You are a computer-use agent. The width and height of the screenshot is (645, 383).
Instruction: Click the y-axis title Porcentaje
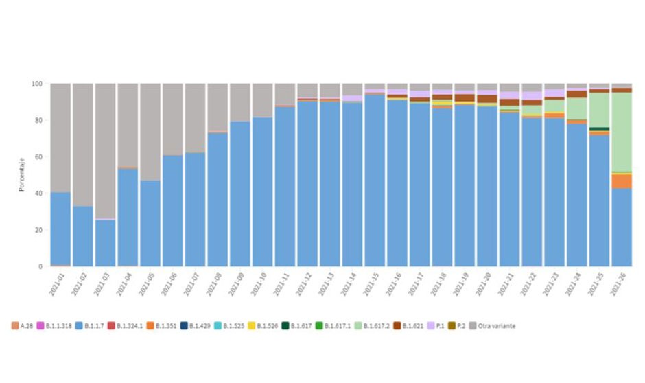click(23, 175)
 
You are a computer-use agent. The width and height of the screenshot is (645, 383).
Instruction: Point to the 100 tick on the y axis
click(37, 84)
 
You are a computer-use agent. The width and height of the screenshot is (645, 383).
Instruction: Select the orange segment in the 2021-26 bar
click(622, 181)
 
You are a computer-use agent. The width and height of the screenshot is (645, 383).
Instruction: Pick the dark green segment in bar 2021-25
click(599, 128)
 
